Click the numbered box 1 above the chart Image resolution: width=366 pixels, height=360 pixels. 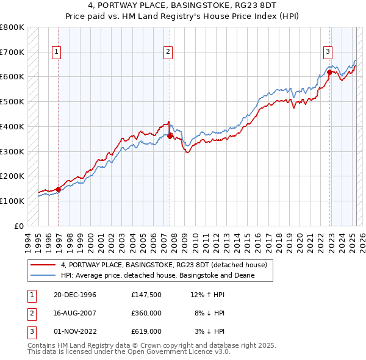(56, 52)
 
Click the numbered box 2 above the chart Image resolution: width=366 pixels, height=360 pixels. (167, 52)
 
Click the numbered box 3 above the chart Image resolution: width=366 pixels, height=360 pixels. (328, 52)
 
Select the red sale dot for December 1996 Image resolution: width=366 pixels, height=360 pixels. (59, 189)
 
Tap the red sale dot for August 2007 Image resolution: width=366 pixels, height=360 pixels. (170, 136)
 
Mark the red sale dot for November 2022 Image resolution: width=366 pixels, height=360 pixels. (329, 72)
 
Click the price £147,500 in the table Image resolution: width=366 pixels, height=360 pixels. (146, 295)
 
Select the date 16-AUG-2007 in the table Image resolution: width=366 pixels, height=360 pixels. (75, 313)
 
